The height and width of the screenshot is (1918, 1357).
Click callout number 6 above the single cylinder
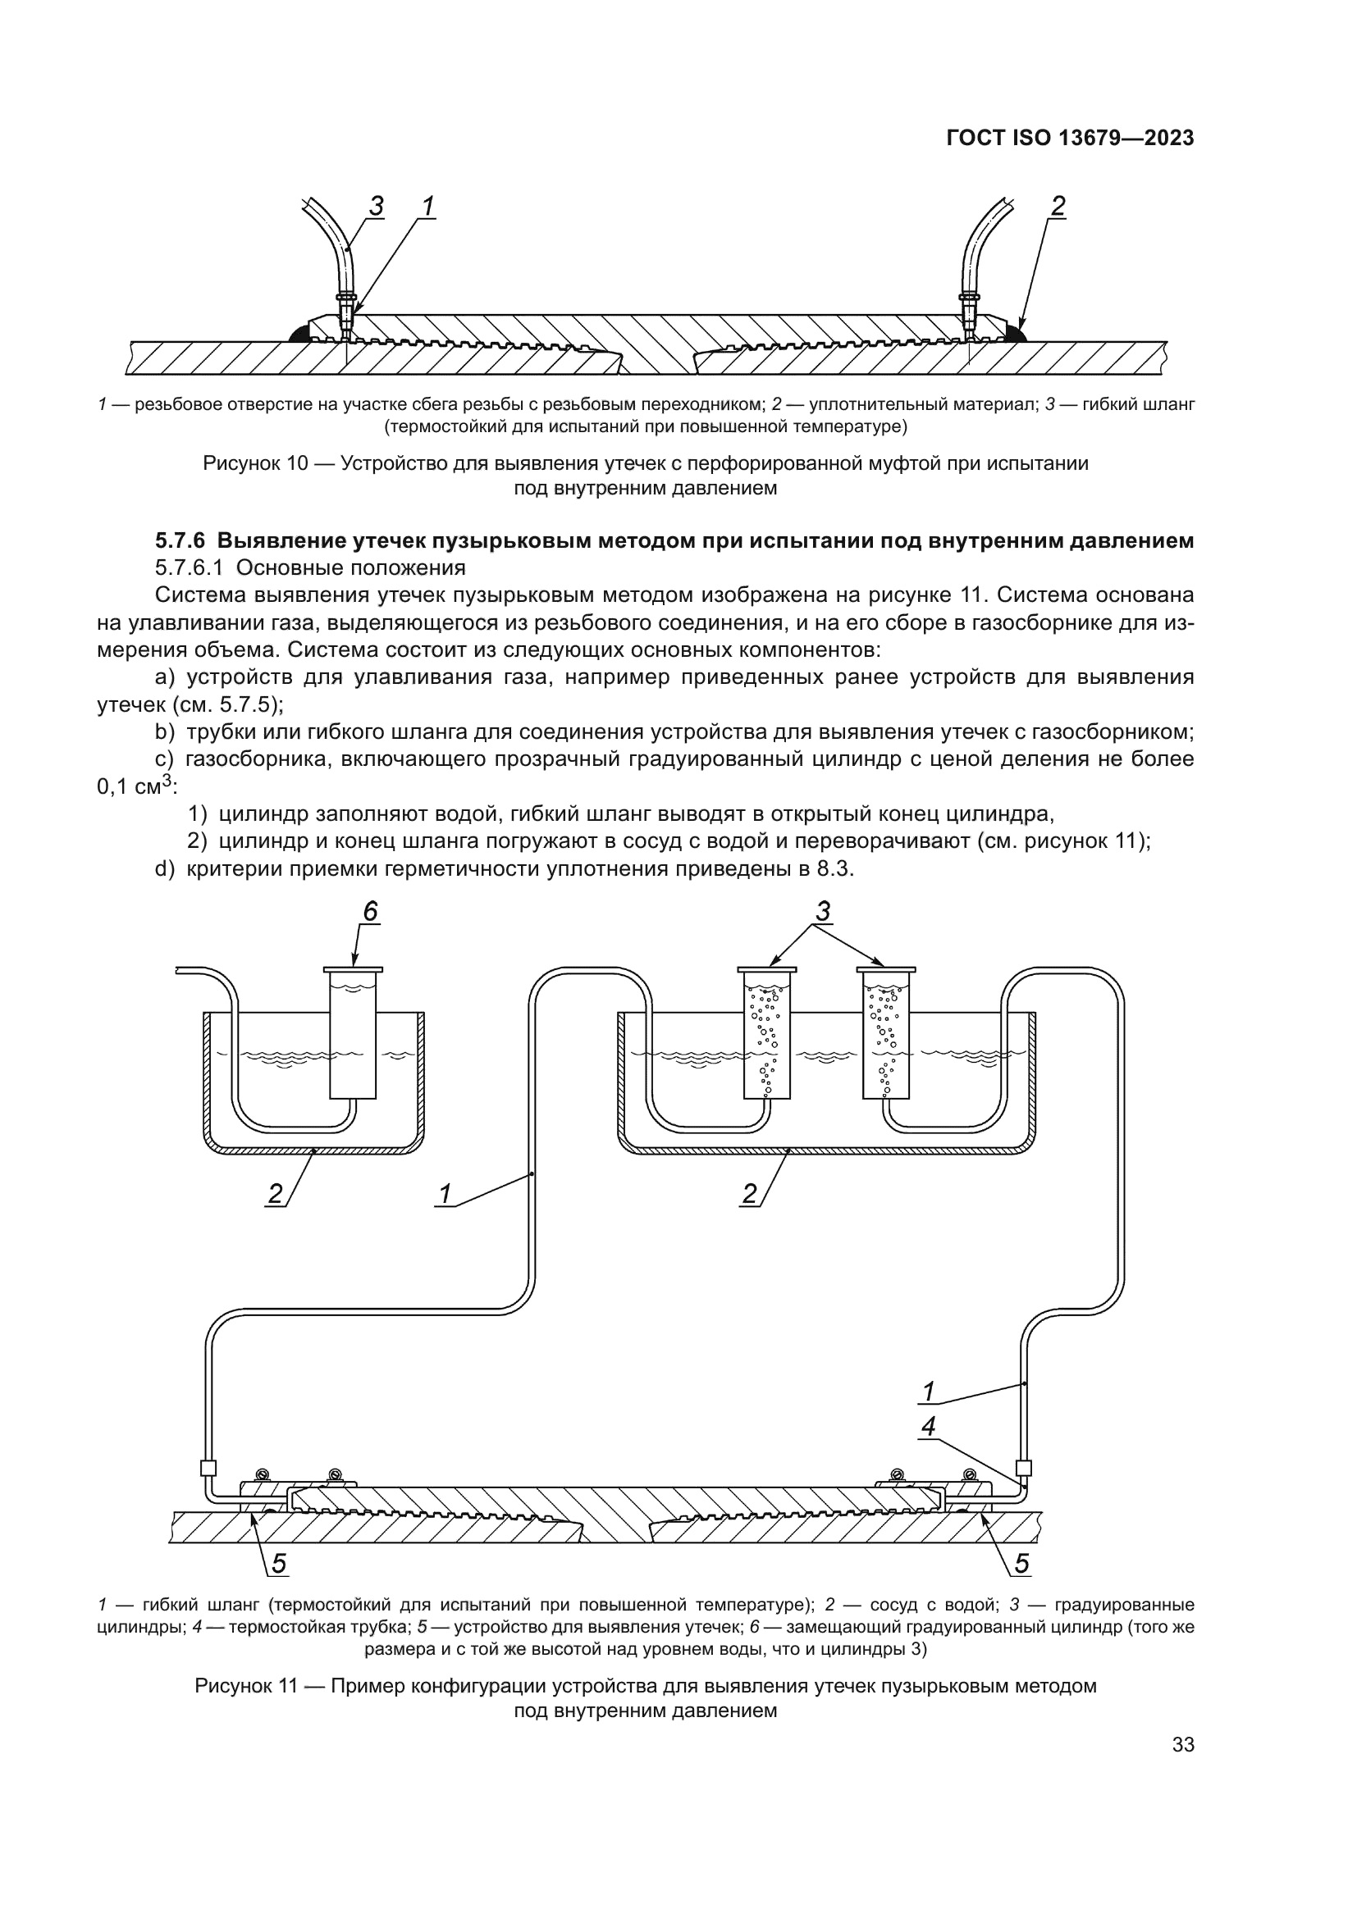[x=370, y=911]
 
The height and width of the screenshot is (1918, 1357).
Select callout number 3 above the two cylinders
[x=823, y=911]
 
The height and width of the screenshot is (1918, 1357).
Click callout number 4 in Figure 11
[x=929, y=1427]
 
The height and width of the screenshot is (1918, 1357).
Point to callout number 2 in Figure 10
[x=1058, y=206]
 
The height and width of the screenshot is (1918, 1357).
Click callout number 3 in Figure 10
[x=376, y=206]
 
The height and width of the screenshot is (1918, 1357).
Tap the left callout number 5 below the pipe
[x=278, y=1564]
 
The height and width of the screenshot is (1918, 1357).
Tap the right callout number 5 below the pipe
[x=1022, y=1564]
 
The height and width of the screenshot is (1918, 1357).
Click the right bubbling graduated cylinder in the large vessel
[x=886, y=1036]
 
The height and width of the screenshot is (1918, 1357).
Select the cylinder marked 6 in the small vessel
[x=354, y=1036]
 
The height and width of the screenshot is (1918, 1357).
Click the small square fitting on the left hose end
[x=209, y=1468]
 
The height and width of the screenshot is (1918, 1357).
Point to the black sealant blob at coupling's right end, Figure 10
[x=1015, y=335]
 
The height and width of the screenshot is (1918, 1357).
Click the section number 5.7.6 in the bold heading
[x=180, y=541]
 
